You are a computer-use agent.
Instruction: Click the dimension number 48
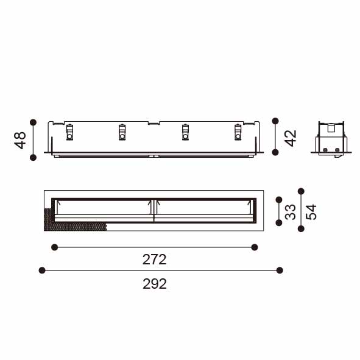click(20, 141)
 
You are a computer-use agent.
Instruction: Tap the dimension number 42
click(291, 138)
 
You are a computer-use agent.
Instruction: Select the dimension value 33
click(290, 212)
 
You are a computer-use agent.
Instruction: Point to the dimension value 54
click(311, 212)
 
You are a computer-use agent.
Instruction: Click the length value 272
click(154, 259)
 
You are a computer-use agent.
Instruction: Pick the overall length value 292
click(155, 284)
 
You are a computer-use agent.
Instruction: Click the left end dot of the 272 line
click(54, 247)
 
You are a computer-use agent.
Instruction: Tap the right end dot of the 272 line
click(255, 247)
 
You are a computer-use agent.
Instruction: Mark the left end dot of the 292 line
click(42, 270)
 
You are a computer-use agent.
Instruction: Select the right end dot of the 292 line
click(280, 270)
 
